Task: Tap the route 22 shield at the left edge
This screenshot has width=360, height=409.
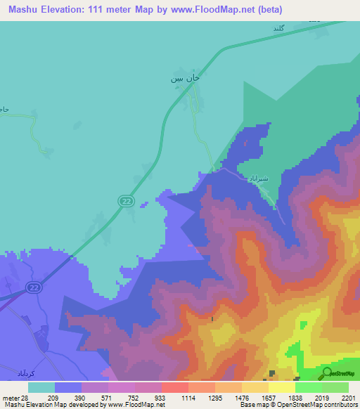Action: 33,287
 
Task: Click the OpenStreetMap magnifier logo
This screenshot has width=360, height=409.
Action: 328,372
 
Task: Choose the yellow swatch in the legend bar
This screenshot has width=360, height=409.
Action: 281,387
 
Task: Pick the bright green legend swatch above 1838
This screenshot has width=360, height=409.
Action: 308,387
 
